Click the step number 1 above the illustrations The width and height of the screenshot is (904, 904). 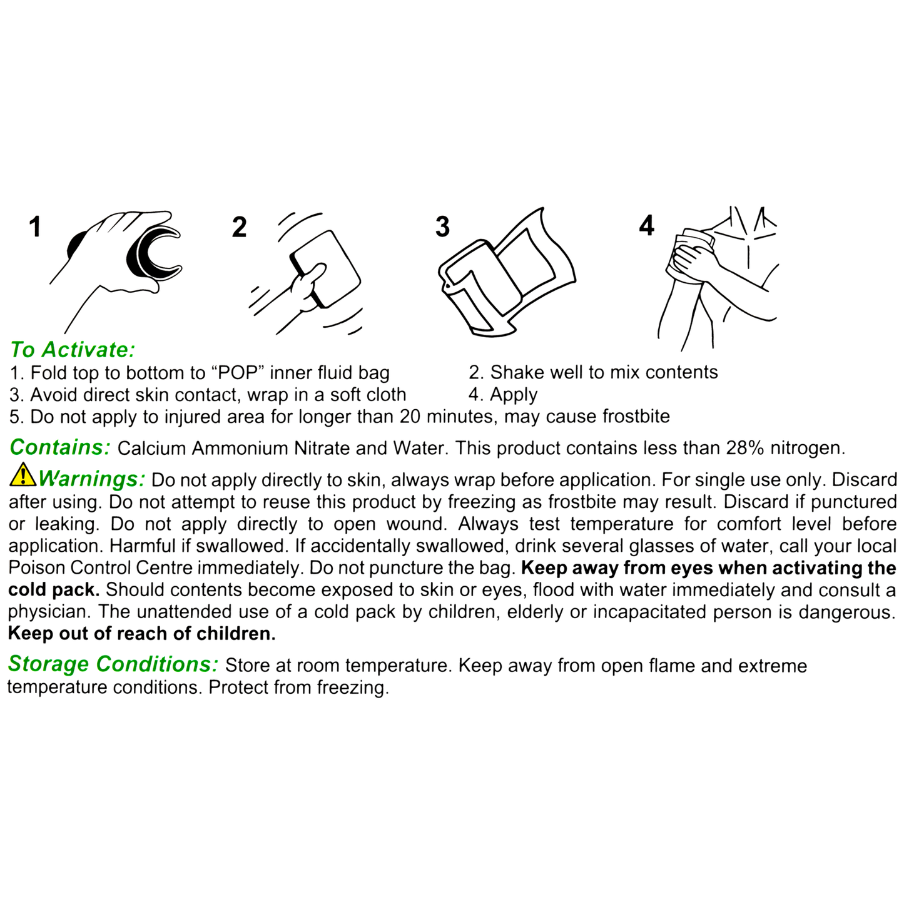coord(36,227)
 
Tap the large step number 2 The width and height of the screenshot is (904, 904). coord(239,228)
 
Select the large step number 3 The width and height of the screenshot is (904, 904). coord(442,227)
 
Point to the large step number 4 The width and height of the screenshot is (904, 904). coord(646,226)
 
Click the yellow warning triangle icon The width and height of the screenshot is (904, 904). coord(23,475)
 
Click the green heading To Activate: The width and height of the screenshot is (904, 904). coord(73,350)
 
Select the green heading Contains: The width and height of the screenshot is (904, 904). coord(60,447)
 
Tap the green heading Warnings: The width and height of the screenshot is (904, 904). coord(91,479)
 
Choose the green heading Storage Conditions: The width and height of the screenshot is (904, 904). coord(113,664)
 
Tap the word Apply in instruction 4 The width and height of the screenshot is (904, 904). coord(514,395)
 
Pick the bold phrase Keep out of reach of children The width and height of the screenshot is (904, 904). coord(142,634)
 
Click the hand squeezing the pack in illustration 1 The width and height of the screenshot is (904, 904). coord(119,250)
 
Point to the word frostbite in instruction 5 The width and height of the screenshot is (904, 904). coord(636,417)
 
